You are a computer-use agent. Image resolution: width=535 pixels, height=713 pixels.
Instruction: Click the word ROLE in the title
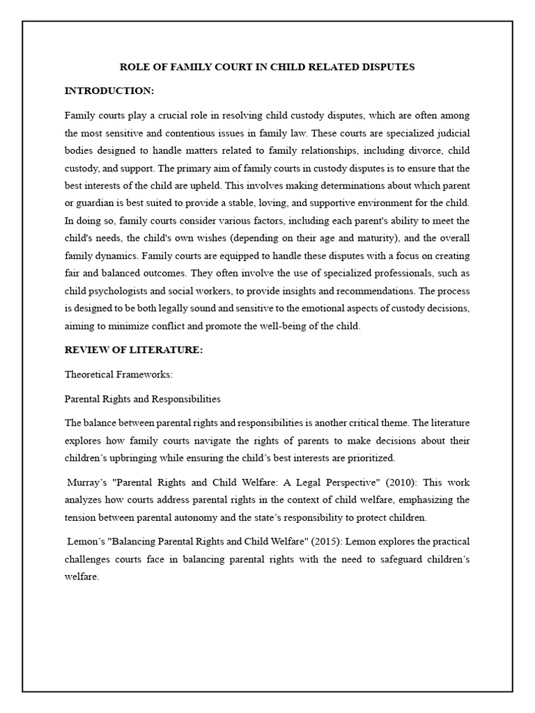pos(132,68)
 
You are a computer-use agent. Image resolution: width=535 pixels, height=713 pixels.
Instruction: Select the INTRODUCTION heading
pos(109,91)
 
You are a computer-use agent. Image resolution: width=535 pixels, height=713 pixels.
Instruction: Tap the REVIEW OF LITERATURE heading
pos(134,350)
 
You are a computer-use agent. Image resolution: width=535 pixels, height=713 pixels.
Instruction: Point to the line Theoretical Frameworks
pos(118,375)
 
